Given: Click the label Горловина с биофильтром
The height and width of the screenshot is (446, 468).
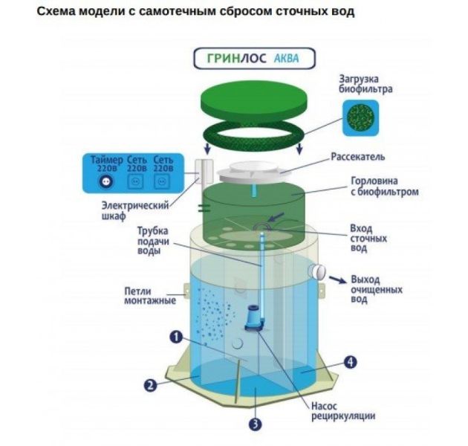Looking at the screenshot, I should [382, 186].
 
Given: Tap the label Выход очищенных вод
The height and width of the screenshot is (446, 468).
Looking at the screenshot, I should [376, 288].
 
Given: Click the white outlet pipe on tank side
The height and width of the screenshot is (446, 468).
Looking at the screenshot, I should [319, 272].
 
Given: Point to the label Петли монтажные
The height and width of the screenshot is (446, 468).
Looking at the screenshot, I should [149, 295].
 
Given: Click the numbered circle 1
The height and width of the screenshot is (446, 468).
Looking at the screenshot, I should [175, 337].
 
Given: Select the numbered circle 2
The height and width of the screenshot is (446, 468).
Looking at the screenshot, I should [150, 385].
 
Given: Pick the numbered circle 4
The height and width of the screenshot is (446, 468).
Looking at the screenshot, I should [351, 362].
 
